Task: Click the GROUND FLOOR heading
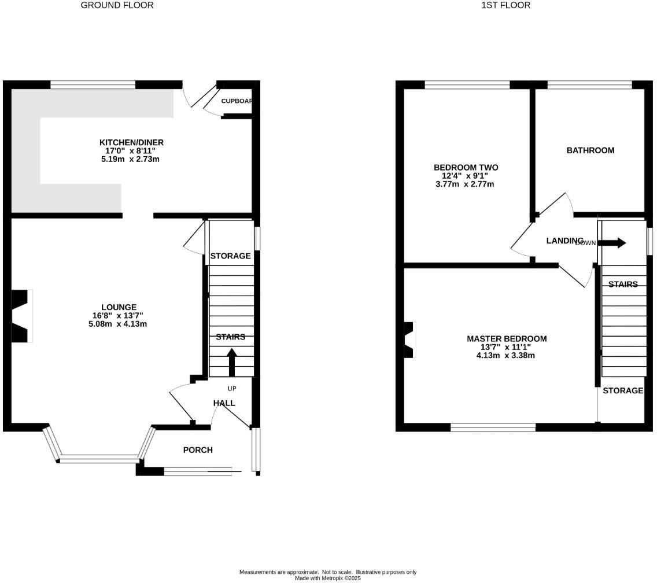(x=117, y=5)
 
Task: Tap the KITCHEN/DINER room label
(x=131, y=142)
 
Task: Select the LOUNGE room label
(x=119, y=307)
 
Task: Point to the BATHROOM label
(x=590, y=150)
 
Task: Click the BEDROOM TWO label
(x=466, y=168)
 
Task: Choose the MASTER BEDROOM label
(x=506, y=339)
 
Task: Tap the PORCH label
(x=198, y=450)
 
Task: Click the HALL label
(x=224, y=403)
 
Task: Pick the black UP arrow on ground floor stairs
(x=231, y=362)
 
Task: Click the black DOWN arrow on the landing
(x=612, y=243)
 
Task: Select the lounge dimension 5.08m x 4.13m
(x=114, y=324)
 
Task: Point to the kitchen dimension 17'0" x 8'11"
(x=131, y=150)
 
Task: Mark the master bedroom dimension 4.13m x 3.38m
(x=505, y=355)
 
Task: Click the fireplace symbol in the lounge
(x=21, y=316)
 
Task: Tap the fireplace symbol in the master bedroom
(x=409, y=340)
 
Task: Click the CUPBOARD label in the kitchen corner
(x=237, y=101)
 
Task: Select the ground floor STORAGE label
(x=230, y=256)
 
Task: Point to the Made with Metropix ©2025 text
(x=328, y=578)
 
